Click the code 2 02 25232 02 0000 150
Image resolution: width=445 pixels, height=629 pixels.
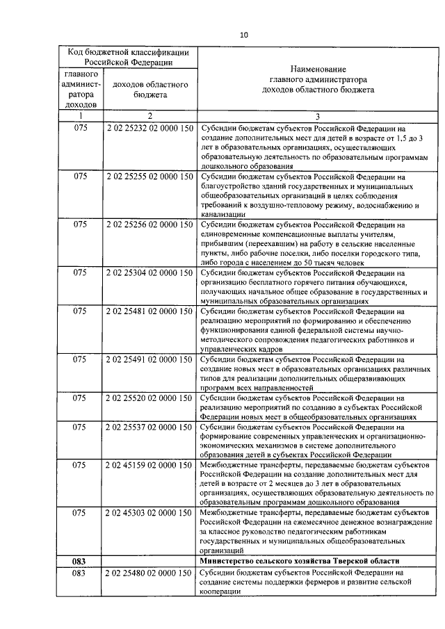(150, 129)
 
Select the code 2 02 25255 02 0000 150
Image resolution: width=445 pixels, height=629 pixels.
(150, 177)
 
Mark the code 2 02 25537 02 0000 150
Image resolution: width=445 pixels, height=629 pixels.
(150, 427)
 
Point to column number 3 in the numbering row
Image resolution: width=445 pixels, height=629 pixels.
(317, 116)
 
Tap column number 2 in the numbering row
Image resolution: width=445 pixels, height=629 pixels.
(150, 116)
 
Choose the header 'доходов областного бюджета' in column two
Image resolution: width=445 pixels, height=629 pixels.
(150, 90)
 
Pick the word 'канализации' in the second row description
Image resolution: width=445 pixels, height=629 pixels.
(222, 215)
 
